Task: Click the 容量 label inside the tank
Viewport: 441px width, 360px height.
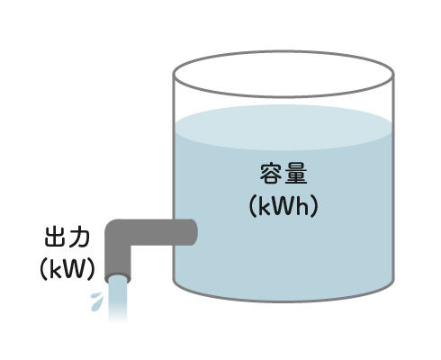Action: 283,175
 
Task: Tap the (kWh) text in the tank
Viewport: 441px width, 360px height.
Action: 283,206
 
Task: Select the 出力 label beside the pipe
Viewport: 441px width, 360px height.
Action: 67,238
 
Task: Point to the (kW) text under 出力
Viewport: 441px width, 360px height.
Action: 67,269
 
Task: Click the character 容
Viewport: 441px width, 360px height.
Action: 270,175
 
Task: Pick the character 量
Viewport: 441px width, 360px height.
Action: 296,175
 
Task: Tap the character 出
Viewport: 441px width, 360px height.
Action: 55,238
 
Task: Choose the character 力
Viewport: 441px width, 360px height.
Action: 79,238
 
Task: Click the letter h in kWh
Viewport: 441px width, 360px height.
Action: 302,206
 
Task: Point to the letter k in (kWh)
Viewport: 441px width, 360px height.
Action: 264,206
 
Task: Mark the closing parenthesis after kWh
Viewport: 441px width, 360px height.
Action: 314,206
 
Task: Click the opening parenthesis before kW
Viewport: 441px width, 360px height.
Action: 44,269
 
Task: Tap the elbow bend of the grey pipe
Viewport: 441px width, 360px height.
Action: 116,231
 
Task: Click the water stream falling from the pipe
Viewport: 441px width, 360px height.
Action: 118,300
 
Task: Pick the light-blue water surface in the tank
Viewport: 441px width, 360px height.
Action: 283,127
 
